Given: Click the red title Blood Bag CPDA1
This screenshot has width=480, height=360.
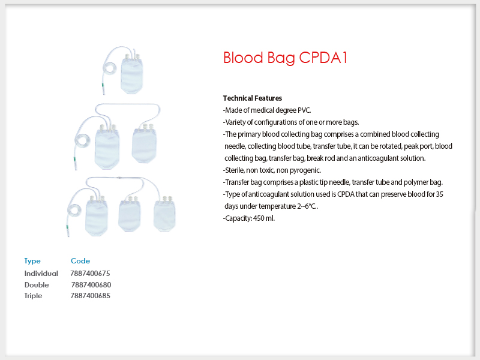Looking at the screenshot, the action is pyautogui.click(x=286, y=58).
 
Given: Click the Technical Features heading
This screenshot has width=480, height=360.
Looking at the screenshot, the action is pyautogui.click(x=252, y=98).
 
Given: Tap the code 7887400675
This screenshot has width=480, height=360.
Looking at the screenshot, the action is pyautogui.click(x=90, y=274).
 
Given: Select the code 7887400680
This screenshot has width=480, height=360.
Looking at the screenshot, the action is pyautogui.click(x=91, y=284).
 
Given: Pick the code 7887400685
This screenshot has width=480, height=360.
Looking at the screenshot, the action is pyautogui.click(x=91, y=296).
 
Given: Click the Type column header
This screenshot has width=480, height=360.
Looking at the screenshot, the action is pyautogui.click(x=32, y=261).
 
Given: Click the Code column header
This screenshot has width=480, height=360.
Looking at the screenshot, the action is pyautogui.click(x=80, y=261).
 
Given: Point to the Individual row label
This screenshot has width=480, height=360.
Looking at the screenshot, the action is pyautogui.click(x=41, y=274).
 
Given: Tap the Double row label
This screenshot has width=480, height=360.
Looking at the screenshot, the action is pyautogui.click(x=37, y=284).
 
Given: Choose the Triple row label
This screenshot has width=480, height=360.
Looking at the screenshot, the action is pyautogui.click(x=33, y=296).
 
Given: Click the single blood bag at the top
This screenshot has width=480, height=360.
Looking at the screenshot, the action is pyautogui.click(x=131, y=74).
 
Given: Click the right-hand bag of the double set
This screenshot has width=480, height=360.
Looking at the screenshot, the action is pyautogui.click(x=144, y=145).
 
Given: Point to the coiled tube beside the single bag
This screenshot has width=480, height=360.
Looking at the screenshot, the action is pyautogui.click(x=109, y=68).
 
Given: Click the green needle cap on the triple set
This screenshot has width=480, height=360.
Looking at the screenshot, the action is pyautogui.click(x=67, y=227).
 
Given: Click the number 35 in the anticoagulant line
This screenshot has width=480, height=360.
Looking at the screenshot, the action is pyautogui.click(x=439, y=194).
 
